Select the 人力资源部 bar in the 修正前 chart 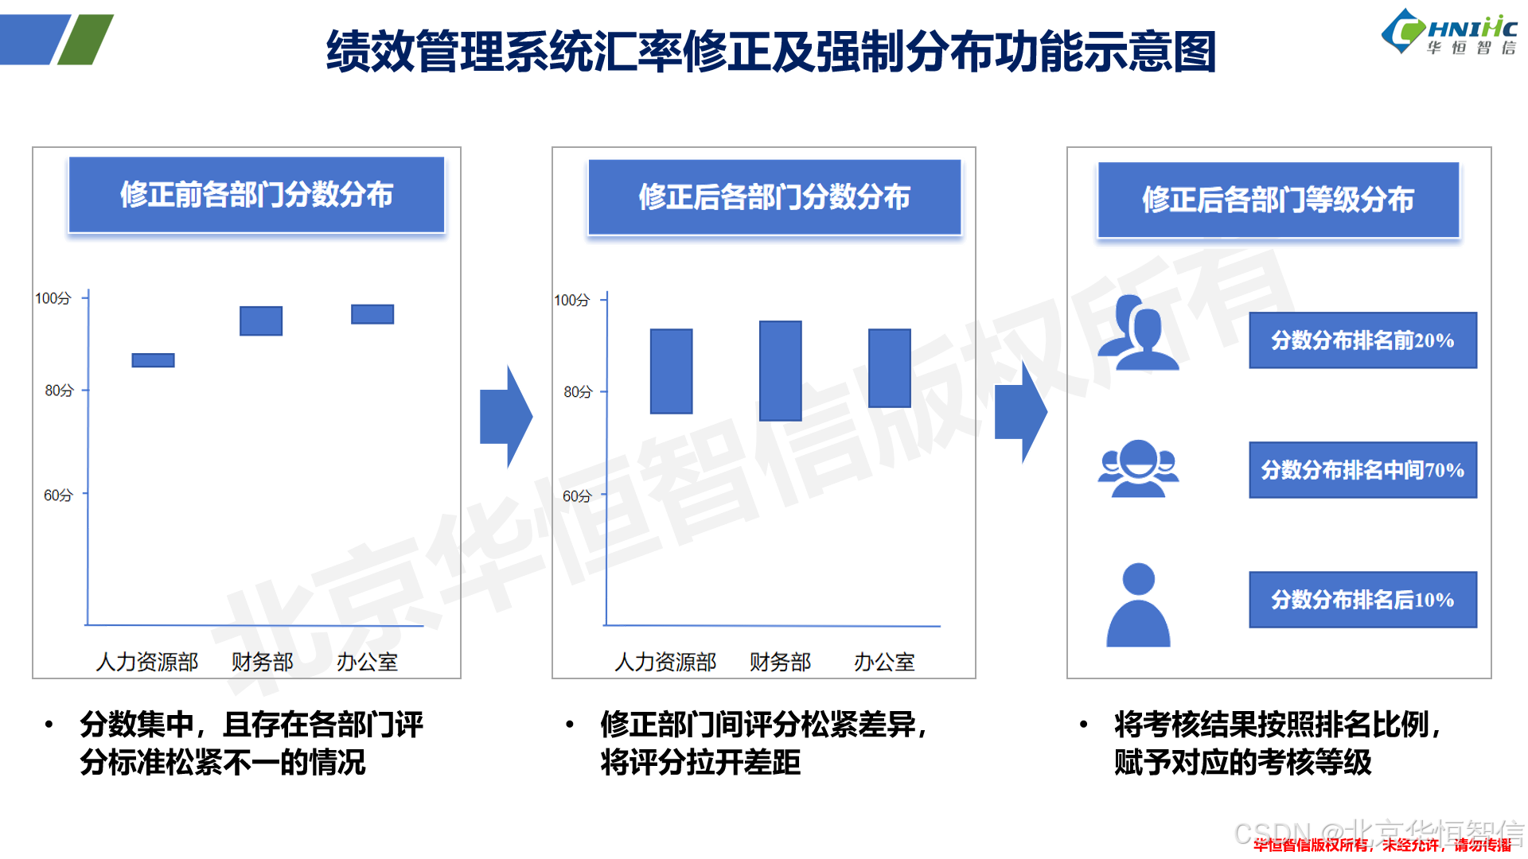point(153,360)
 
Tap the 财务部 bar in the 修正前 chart point(261,321)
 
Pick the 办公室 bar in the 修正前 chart point(372,314)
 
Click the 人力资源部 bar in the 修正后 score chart point(671,371)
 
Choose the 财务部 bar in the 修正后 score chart point(780,371)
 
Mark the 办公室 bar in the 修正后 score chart point(889,368)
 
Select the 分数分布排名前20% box point(1362,340)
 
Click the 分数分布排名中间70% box point(1362,470)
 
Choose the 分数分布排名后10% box point(1362,600)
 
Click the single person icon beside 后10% point(1138,605)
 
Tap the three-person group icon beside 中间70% point(1138,468)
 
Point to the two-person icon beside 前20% point(1138,333)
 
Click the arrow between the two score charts point(507,416)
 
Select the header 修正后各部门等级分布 point(1278,200)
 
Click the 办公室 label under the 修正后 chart point(884,662)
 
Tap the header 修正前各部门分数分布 point(256,195)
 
